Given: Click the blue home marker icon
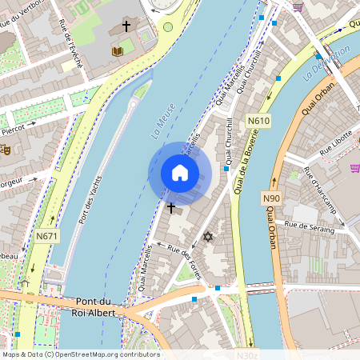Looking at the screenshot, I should pyautogui.click(x=180, y=173).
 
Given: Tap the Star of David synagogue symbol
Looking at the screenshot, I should pyautogui.click(x=209, y=237).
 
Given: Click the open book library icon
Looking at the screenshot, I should pyautogui.click(x=118, y=51).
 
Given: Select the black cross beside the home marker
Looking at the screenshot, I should pyautogui.click(x=170, y=208).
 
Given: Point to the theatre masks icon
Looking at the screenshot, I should pyautogui.click(x=5, y=149).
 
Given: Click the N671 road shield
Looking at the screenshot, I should pyautogui.click(x=46, y=236).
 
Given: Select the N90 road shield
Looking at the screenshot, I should pyautogui.click(x=271, y=198).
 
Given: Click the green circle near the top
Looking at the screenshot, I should pyautogui.click(x=168, y=26).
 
